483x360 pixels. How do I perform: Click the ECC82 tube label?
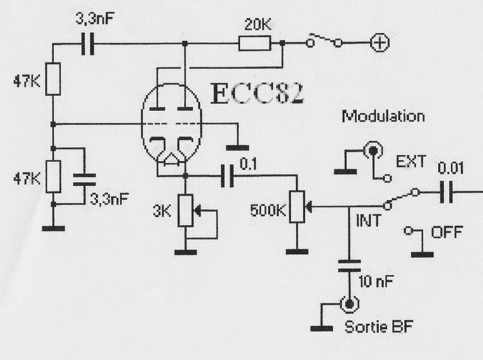pos(258,93)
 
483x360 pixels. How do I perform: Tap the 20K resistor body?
pos(255,43)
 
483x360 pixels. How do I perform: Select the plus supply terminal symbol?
pos(380,43)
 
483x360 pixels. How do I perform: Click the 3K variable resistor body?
pos(185,211)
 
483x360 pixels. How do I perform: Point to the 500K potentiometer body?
pos(297,206)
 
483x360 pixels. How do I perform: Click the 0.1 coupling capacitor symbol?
pos(227,176)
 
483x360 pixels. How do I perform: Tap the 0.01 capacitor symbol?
pos(446,192)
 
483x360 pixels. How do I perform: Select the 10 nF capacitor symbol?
pos(350,266)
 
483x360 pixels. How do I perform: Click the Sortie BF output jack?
pos(350,304)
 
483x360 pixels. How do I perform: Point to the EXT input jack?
pos(373,150)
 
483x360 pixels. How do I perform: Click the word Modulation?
pos(383,116)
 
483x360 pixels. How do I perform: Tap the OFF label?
pos(447,232)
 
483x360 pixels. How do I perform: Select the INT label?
pos(368,221)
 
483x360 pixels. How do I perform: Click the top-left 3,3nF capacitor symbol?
pos(88,44)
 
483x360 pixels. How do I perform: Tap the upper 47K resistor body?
pos(53,79)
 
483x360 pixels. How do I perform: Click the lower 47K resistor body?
pos(53,176)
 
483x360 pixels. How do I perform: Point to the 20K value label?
pos(258,25)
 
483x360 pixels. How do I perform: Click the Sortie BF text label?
pos(379,327)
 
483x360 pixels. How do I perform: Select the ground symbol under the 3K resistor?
pos(185,252)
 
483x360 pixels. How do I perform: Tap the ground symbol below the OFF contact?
pos(422,254)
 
